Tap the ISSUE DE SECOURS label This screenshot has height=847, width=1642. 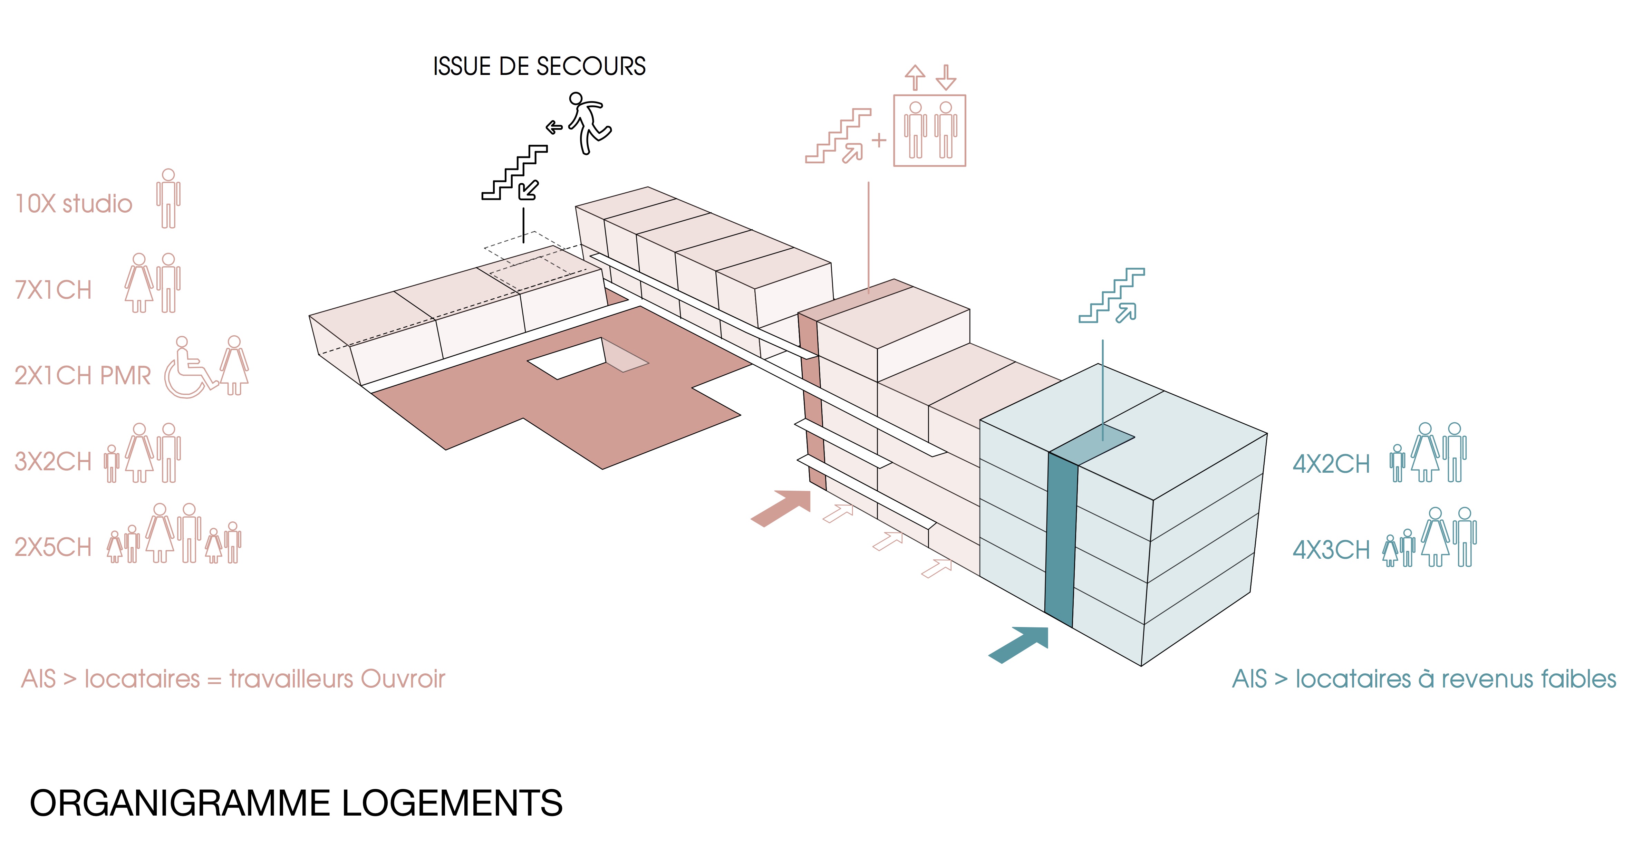coord(539,66)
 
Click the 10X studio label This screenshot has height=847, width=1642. coord(73,204)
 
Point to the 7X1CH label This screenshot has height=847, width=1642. coord(54,290)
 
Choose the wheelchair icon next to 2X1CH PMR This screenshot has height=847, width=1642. coord(188,370)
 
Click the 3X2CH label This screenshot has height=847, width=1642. coord(54,461)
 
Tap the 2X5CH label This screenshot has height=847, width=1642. coord(54,547)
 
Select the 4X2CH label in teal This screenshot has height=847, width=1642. coord(1331,464)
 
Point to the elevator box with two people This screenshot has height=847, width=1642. coord(929,131)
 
